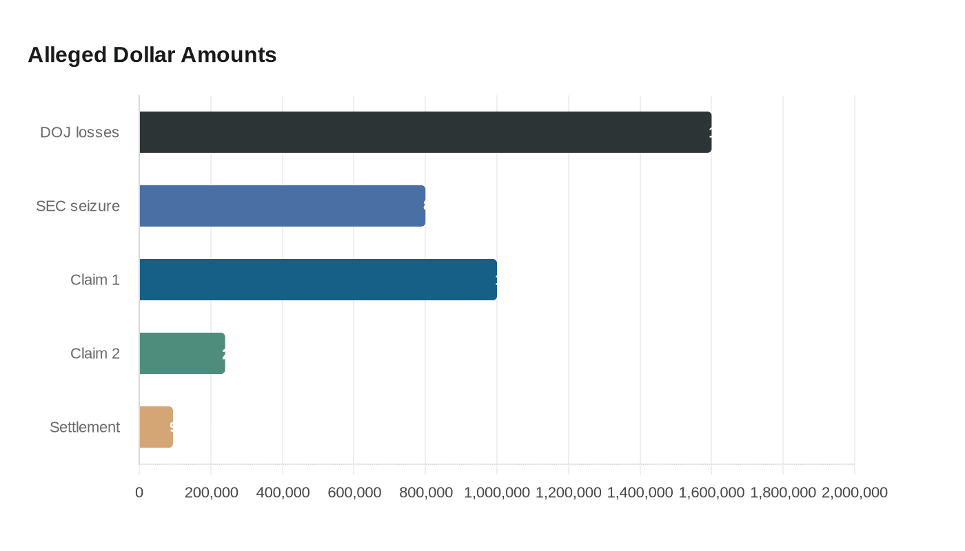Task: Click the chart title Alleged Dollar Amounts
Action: pyautogui.click(x=152, y=54)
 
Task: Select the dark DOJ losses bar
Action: pyautogui.click(x=425, y=132)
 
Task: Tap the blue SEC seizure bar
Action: pyautogui.click(x=283, y=206)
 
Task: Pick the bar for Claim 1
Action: pyautogui.click(x=318, y=280)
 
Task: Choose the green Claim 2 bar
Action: pyautogui.click(x=182, y=353)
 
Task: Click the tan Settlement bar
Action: pyautogui.click(x=156, y=427)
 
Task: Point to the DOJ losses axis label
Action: pyautogui.click(x=79, y=132)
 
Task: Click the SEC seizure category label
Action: pyautogui.click(x=78, y=206)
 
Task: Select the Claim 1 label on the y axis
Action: pyautogui.click(x=95, y=280)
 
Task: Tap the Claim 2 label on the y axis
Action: pyautogui.click(x=95, y=353)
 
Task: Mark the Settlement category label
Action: pyautogui.click(x=85, y=427)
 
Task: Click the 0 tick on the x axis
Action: pyautogui.click(x=139, y=492)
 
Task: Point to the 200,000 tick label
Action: pyautogui.click(x=211, y=492)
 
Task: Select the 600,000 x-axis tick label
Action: pyautogui.click(x=354, y=492)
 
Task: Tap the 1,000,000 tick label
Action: pyautogui.click(x=497, y=492)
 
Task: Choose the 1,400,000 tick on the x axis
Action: pyautogui.click(x=640, y=492)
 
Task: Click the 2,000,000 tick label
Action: pyautogui.click(x=855, y=492)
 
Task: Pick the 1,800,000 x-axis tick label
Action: pyautogui.click(x=783, y=492)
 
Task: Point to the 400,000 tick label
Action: pyautogui.click(x=283, y=492)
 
